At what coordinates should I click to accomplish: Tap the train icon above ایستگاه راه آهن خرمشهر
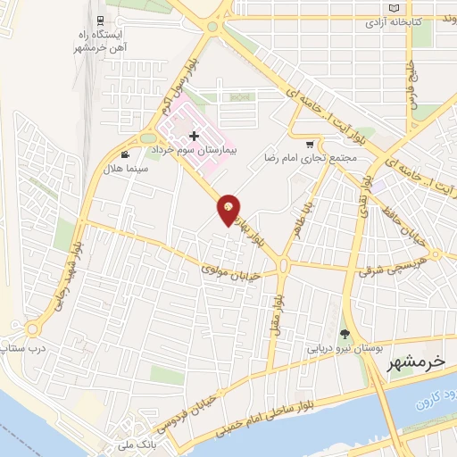pos(98,21)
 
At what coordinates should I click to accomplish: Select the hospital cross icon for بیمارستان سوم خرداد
pos(195,137)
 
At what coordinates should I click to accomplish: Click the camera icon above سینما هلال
pos(137,154)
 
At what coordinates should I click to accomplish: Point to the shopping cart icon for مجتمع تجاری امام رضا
pos(310,144)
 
